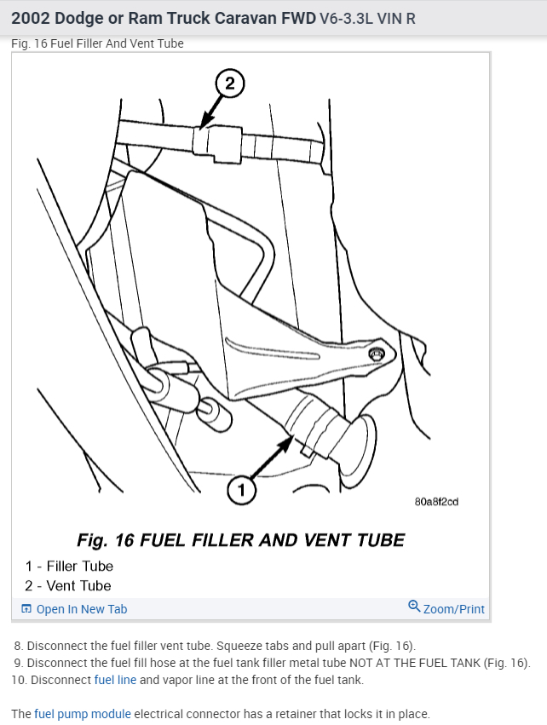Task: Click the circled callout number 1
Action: [x=241, y=489]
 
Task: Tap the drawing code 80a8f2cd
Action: [x=436, y=502]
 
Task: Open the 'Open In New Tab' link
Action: [x=81, y=609]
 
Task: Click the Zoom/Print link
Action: [x=453, y=609]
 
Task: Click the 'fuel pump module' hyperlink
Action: [x=83, y=714]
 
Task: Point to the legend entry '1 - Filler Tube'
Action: [x=69, y=566]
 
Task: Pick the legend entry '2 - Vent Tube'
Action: [x=68, y=585]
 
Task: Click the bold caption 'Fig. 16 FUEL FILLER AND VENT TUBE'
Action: [x=240, y=540]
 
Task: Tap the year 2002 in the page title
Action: [x=31, y=17]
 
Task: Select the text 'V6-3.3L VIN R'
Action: [x=367, y=18]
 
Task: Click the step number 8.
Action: [x=17, y=645]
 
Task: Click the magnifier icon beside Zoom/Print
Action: [x=414, y=607]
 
